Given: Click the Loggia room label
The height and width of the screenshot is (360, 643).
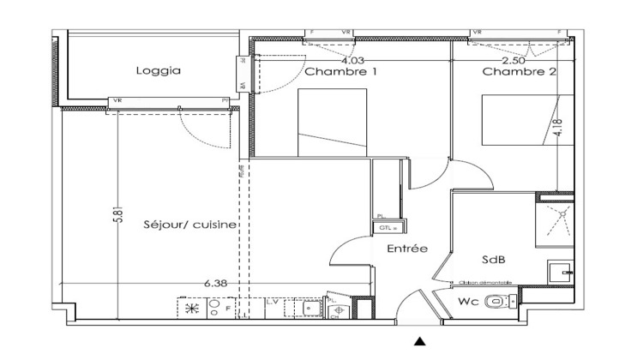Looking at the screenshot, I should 159,72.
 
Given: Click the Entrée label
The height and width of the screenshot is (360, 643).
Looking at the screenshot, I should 407,249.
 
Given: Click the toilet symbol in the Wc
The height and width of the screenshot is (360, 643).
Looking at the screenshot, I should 497,302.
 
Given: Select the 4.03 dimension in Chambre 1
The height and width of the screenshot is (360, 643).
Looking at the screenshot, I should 352,60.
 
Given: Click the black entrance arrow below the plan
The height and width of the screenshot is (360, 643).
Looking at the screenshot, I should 420,341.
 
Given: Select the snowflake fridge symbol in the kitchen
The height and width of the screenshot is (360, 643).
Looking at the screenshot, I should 190,307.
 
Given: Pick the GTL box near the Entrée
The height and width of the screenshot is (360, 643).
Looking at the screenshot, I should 382,228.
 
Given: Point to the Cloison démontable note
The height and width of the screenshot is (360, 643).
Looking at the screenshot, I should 485,282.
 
